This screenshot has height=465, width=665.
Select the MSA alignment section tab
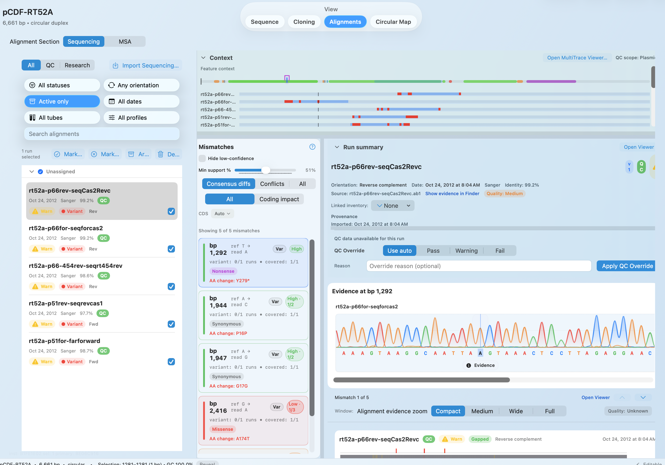click(125, 42)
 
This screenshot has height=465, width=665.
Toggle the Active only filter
click(62, 102)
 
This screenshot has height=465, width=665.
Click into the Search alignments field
click(102, 134)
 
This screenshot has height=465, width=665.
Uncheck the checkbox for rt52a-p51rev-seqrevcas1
click(171, 324)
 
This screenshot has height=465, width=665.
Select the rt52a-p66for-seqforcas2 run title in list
click(66, 228)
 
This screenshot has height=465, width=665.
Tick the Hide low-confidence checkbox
click(202, 158)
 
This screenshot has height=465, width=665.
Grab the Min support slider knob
click(266, 170)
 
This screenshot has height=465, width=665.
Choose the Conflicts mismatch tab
click(272, 184)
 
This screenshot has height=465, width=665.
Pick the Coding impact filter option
click(279, 199)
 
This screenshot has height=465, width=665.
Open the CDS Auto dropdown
click(222, 214)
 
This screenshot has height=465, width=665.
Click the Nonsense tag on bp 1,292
click(223, 271)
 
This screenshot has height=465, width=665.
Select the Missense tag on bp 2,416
click(222, 429)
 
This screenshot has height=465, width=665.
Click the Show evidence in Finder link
click(452, 194)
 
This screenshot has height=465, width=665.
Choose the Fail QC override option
click(500, 251)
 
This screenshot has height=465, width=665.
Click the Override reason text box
click(479, 266)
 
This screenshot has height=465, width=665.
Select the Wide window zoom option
click(516, 411)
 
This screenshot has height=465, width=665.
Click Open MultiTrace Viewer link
click(577, 58)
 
